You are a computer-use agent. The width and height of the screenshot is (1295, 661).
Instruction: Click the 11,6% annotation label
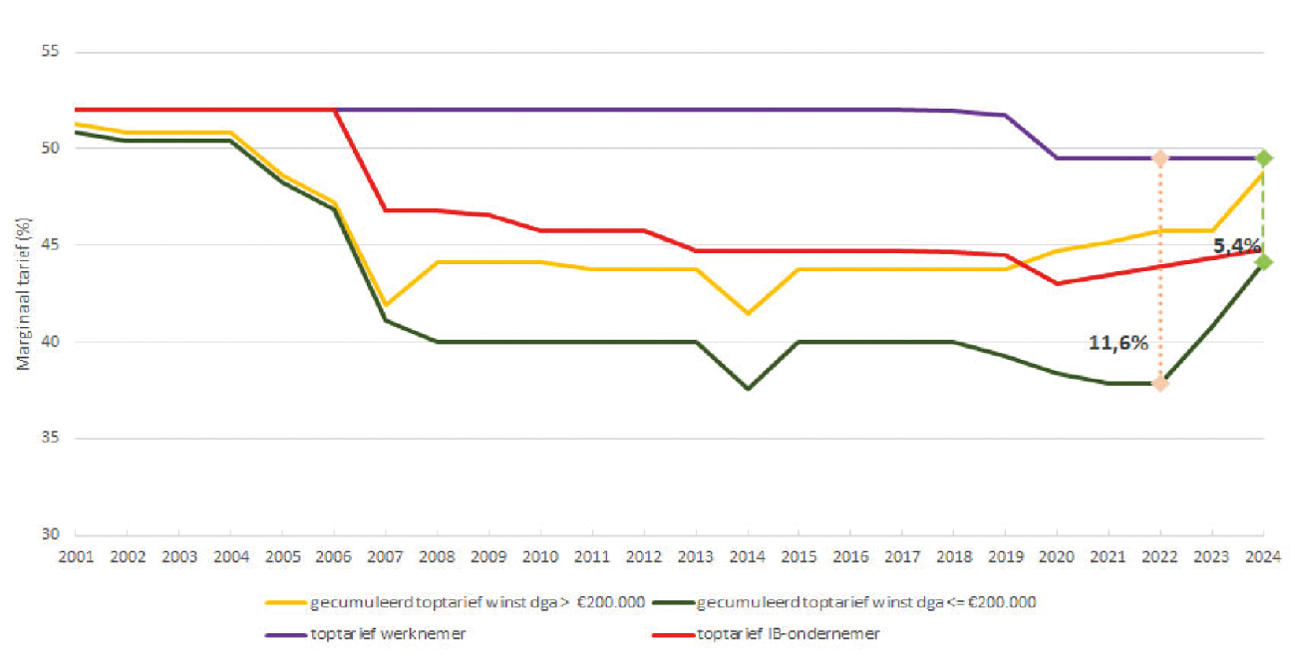coord(1119,342)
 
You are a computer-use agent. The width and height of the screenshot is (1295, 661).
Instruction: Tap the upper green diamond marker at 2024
coord(1263,158)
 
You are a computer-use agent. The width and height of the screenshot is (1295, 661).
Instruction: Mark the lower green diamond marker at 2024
coord(1263,262)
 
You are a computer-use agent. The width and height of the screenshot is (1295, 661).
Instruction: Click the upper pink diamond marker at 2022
coord(1159,158)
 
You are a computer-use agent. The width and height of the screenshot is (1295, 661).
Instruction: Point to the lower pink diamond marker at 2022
coord(1159,383)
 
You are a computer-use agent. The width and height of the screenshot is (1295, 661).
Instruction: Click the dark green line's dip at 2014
coord(748,389)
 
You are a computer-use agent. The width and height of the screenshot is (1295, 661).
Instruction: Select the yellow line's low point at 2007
coord(386,304)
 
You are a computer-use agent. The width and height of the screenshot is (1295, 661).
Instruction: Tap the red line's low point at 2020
coord(1057,283)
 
